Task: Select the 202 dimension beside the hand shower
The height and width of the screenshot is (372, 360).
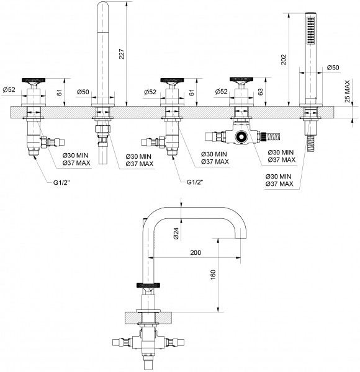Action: [x=284, y=60]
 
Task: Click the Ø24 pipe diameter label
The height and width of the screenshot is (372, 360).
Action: [x=176, y=233]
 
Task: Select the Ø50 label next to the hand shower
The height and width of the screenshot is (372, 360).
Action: [x=333, y=67]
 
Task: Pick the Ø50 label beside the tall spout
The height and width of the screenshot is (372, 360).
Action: [x=84, y=92]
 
